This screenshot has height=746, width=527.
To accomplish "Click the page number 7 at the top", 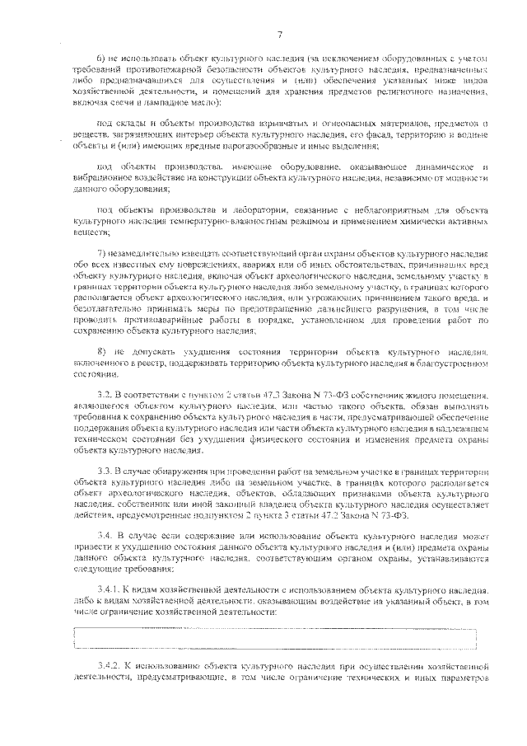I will click(x=279, y=34).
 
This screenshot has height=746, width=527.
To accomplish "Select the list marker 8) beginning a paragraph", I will click(x=101, y=352).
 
